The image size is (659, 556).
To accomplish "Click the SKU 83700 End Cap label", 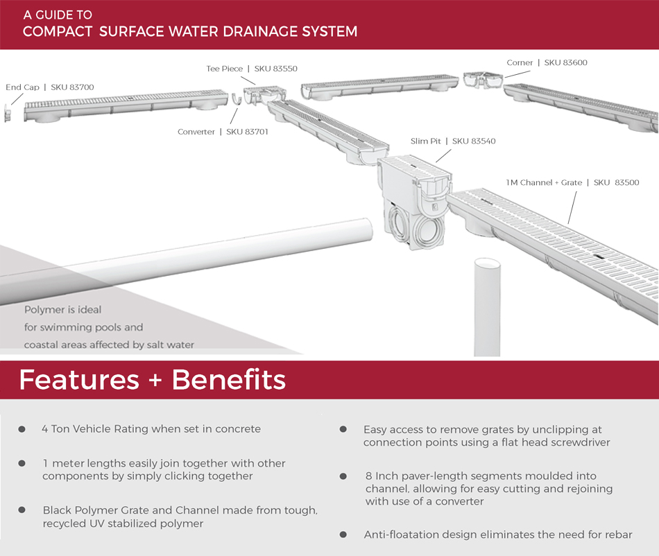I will pos(49,87).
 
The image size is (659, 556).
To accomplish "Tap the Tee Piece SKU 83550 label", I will pos(252,69).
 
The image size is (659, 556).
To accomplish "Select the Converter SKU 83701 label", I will pos(223,132).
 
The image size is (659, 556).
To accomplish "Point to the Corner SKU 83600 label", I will pos(547,62).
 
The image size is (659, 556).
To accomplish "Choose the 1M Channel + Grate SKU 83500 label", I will pos(572,182).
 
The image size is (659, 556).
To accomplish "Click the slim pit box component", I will pos(414,201).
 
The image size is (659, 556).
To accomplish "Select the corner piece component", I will pos(480,79).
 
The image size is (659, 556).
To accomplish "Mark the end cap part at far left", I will pos(8,113).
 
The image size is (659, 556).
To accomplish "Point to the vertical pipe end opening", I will pos(487,265).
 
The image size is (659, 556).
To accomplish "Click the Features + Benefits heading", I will pos(152,380).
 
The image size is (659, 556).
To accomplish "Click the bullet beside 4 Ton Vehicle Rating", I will pos(22,429).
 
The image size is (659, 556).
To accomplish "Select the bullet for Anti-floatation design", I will pos(343,534).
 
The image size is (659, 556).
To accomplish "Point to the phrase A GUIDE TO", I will pos(58,15).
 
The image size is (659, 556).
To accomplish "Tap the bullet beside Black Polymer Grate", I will pos(22,510).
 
